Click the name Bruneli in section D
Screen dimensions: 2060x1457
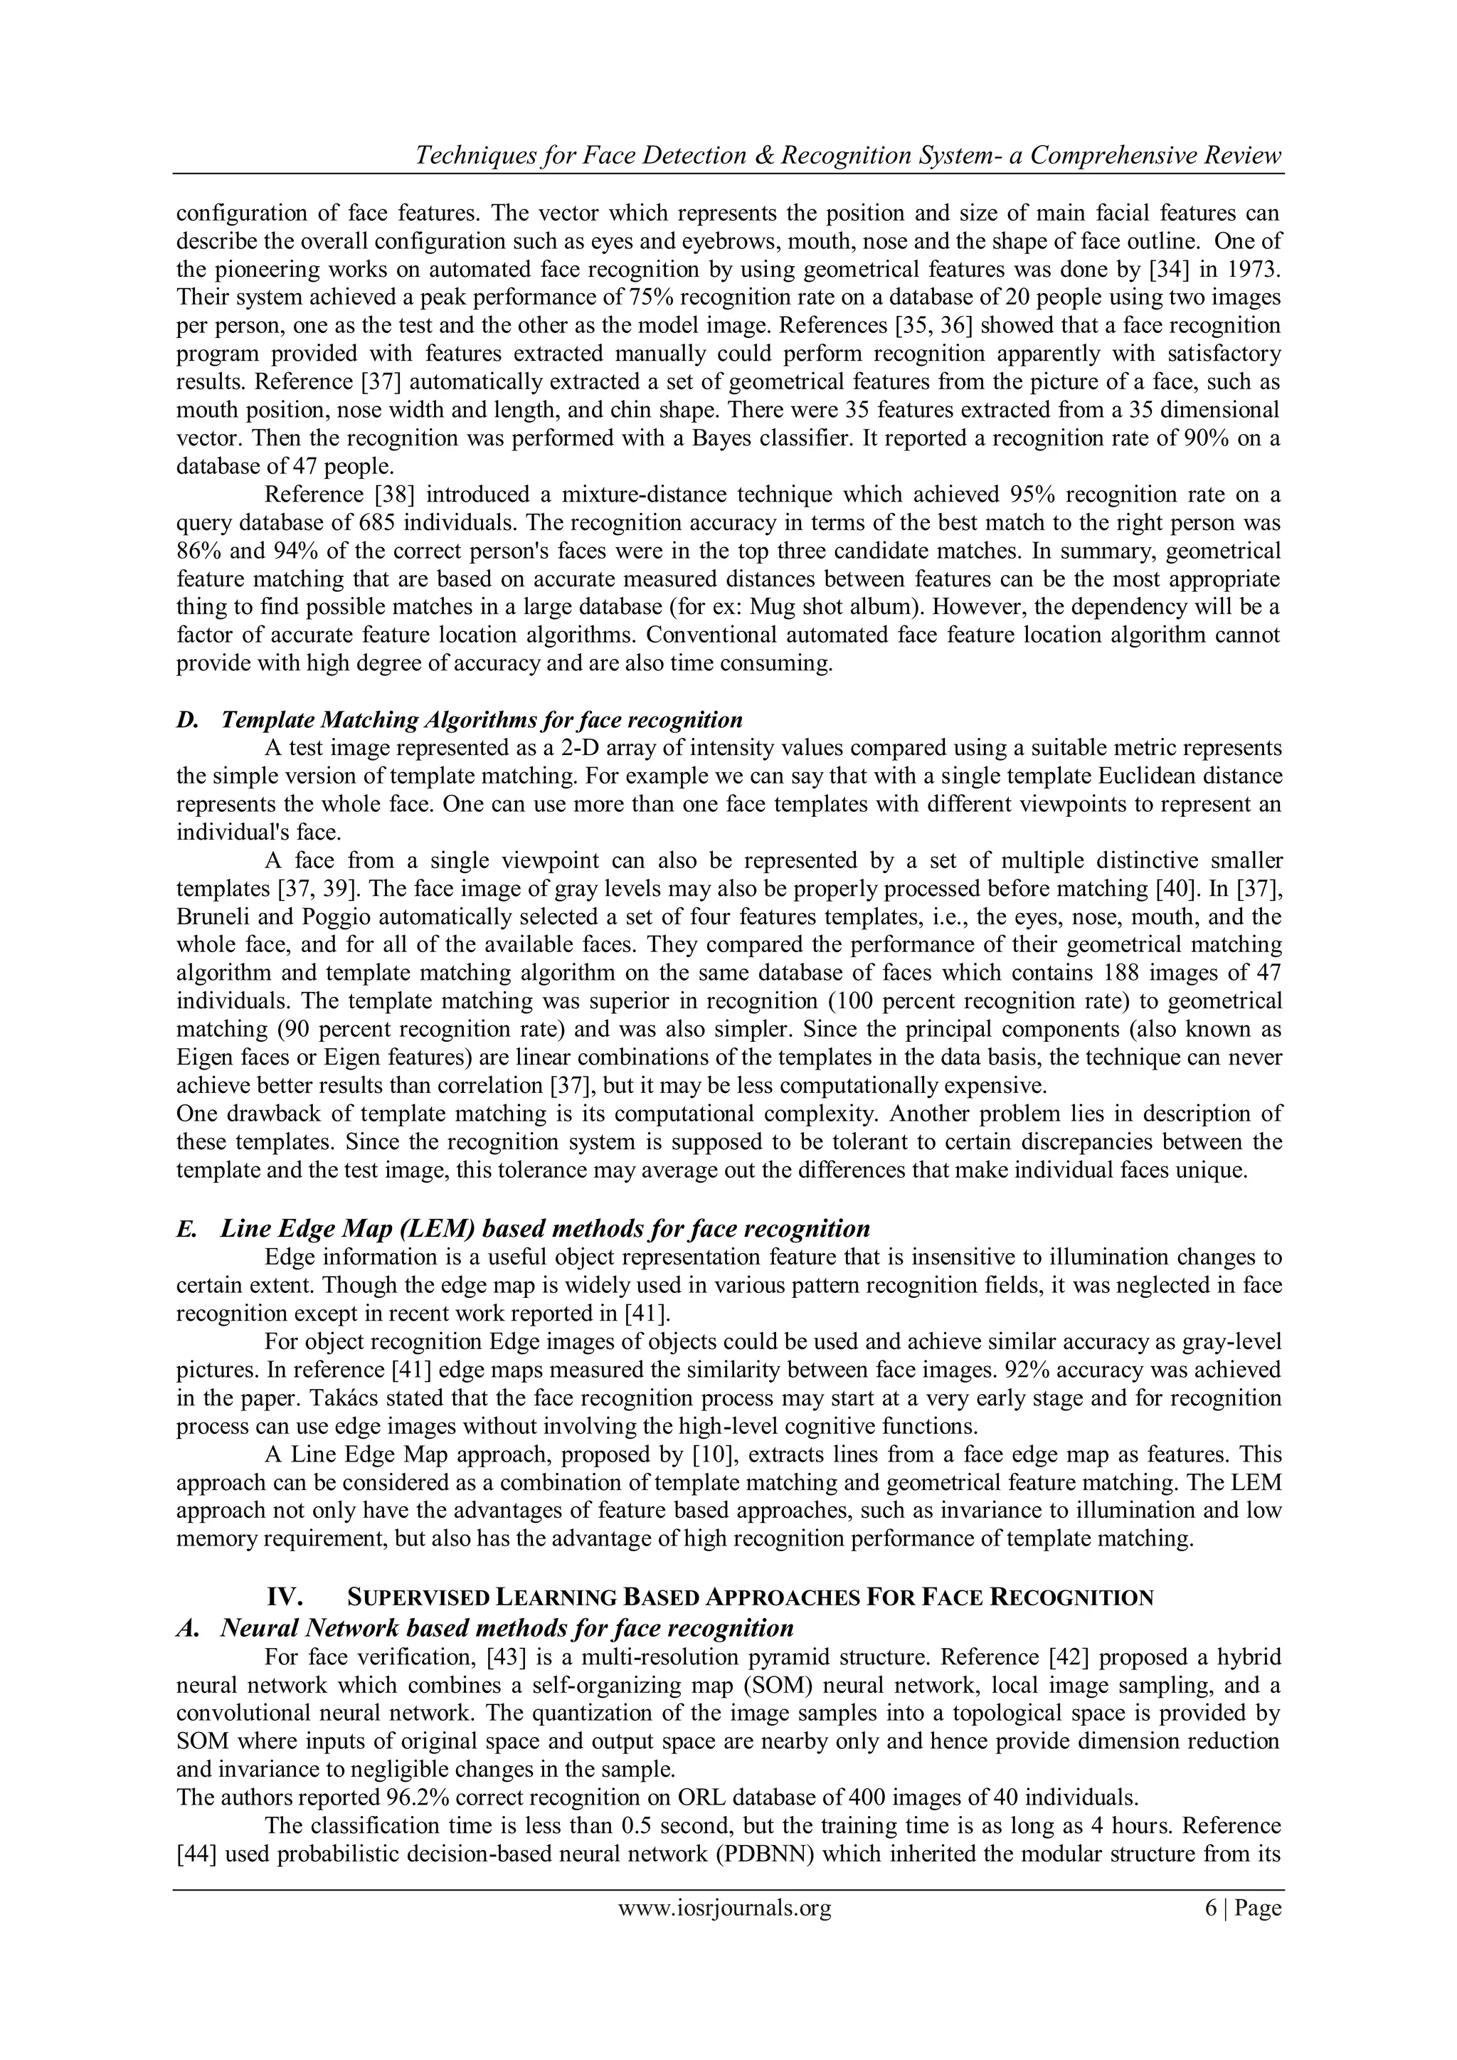coord(210,917)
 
